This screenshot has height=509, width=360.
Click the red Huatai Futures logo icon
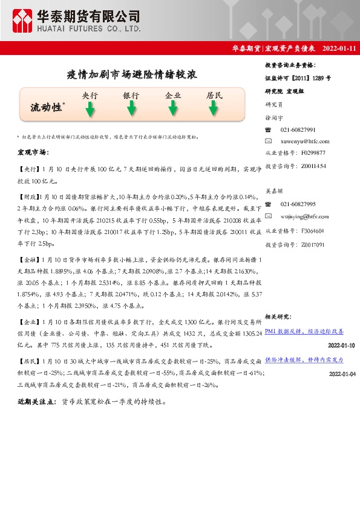[22, 21]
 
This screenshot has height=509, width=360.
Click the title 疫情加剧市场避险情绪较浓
[132, 75]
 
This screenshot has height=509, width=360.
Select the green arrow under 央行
[90, 109]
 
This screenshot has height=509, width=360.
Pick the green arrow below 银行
[131, 109]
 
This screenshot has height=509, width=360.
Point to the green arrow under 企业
[173, 109]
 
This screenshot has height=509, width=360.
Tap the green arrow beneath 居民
[214, 109]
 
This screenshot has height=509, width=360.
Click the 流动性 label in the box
[46, 108]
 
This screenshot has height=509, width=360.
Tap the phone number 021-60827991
[298, 130]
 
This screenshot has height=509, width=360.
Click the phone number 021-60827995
[298, 205]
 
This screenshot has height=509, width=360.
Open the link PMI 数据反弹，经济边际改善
[304, 331]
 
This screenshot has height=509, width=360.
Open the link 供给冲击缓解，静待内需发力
[304, 360]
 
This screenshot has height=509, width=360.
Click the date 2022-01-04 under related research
[343, 374]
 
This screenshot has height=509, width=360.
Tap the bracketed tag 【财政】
[28, 196]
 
